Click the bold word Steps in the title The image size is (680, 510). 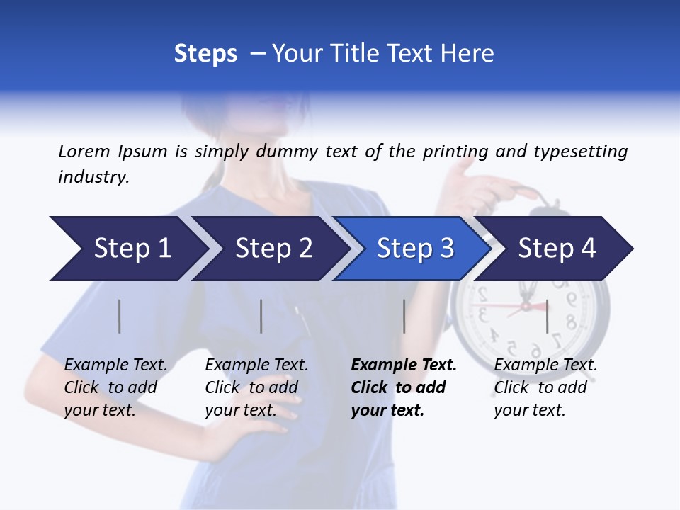point(205,54)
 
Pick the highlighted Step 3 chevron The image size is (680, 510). point(415,249)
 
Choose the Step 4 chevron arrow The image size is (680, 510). point(557,249)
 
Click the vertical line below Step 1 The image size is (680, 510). point(120,316)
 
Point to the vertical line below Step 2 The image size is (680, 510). point(261,316)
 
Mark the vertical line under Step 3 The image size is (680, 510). point(404,316)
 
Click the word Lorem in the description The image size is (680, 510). point(84,152)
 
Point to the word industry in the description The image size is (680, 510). point(93,177)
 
